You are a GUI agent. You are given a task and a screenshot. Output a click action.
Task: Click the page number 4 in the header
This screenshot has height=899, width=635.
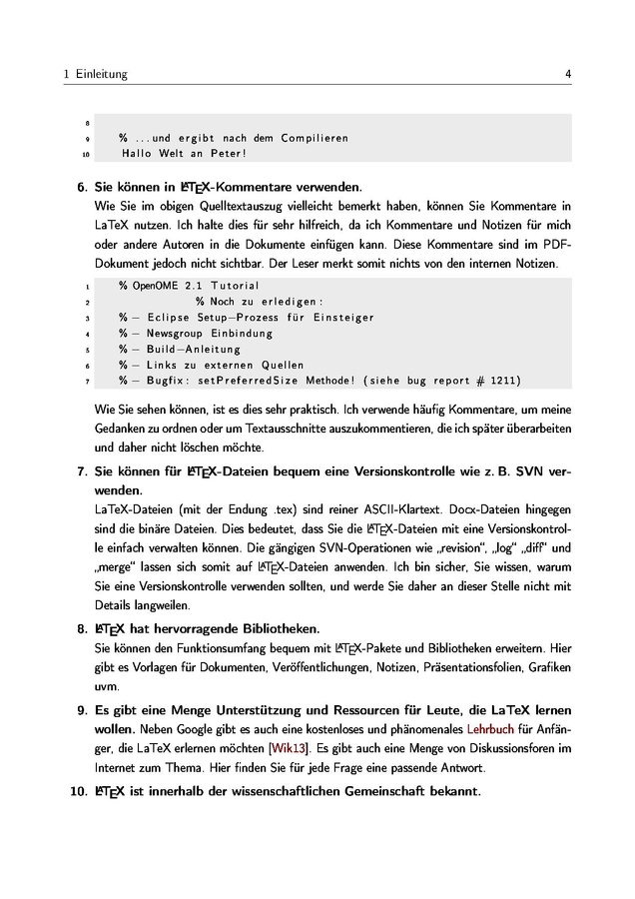tap(567, 74)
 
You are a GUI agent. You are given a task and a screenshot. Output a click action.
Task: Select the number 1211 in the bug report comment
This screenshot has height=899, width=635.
tap(501, 381)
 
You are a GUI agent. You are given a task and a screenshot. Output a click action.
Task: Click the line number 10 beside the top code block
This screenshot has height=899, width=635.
tap(86, 155)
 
